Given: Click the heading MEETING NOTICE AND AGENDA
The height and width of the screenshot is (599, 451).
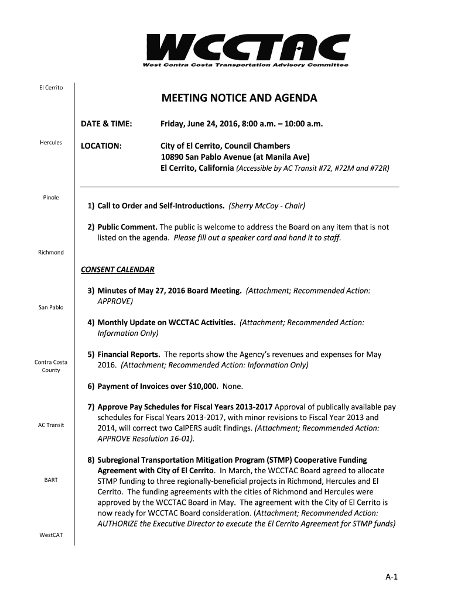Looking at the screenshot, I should point(240,98).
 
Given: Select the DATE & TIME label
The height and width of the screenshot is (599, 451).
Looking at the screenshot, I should point(107,124).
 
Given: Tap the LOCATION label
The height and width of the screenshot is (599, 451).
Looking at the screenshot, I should point(101,145).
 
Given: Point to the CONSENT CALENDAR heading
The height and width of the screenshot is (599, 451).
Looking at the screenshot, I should point(118,270).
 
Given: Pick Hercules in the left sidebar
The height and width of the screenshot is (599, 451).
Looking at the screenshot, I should point(51,143).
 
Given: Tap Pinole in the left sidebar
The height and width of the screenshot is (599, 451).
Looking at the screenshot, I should point(51,198).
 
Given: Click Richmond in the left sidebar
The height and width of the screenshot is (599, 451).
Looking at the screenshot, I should point(51,252).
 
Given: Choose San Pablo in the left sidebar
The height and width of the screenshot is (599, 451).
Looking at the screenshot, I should point(51,307).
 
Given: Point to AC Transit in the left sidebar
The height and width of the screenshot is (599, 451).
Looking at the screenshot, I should point(51,425).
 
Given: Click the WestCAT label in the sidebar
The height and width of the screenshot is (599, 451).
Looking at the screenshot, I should point(51,535).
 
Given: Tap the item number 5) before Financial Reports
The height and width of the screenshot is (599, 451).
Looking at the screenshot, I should point(91,354).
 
